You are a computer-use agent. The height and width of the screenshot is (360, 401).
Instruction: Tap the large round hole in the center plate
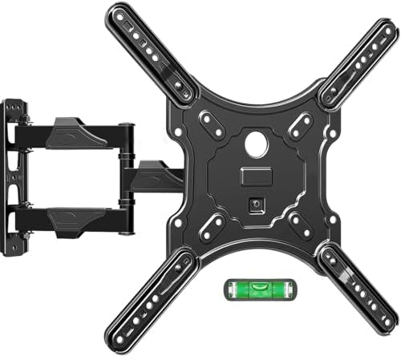258,147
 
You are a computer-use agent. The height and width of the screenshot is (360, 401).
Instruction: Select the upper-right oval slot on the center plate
302,123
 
